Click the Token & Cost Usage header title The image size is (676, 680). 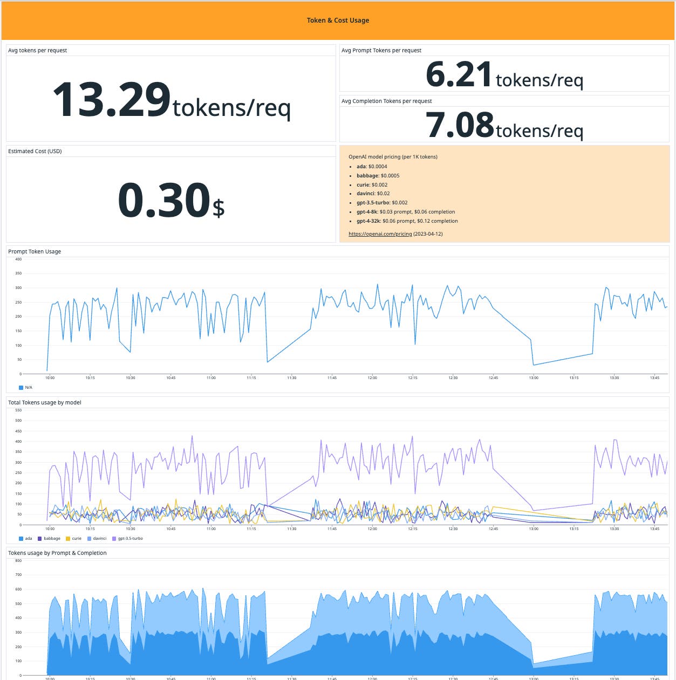click(x=338, y=20)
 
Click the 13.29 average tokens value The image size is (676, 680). click(x=112, y=100)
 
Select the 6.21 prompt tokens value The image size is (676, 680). click(x=459, y=74)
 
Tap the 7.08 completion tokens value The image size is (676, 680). click(x=460, y=125)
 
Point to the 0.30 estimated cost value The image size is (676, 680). click(x=163, y=201)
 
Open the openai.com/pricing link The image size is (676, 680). click(x=380, y=234)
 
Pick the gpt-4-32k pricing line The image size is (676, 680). click(x=407, y=221)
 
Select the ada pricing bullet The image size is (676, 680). click(x=372, y=167)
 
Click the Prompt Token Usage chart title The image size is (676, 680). click(x=35, y=252)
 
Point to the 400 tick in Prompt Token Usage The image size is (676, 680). click(x=18, y=259)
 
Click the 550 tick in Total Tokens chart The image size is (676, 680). click(x=18, y=410)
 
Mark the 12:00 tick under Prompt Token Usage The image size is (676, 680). click(x=372, y=378)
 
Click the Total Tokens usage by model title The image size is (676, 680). click(x=45, y=403)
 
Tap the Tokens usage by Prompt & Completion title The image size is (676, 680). click(x=57, y=553)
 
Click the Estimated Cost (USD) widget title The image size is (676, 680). click(x=35, y=152)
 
